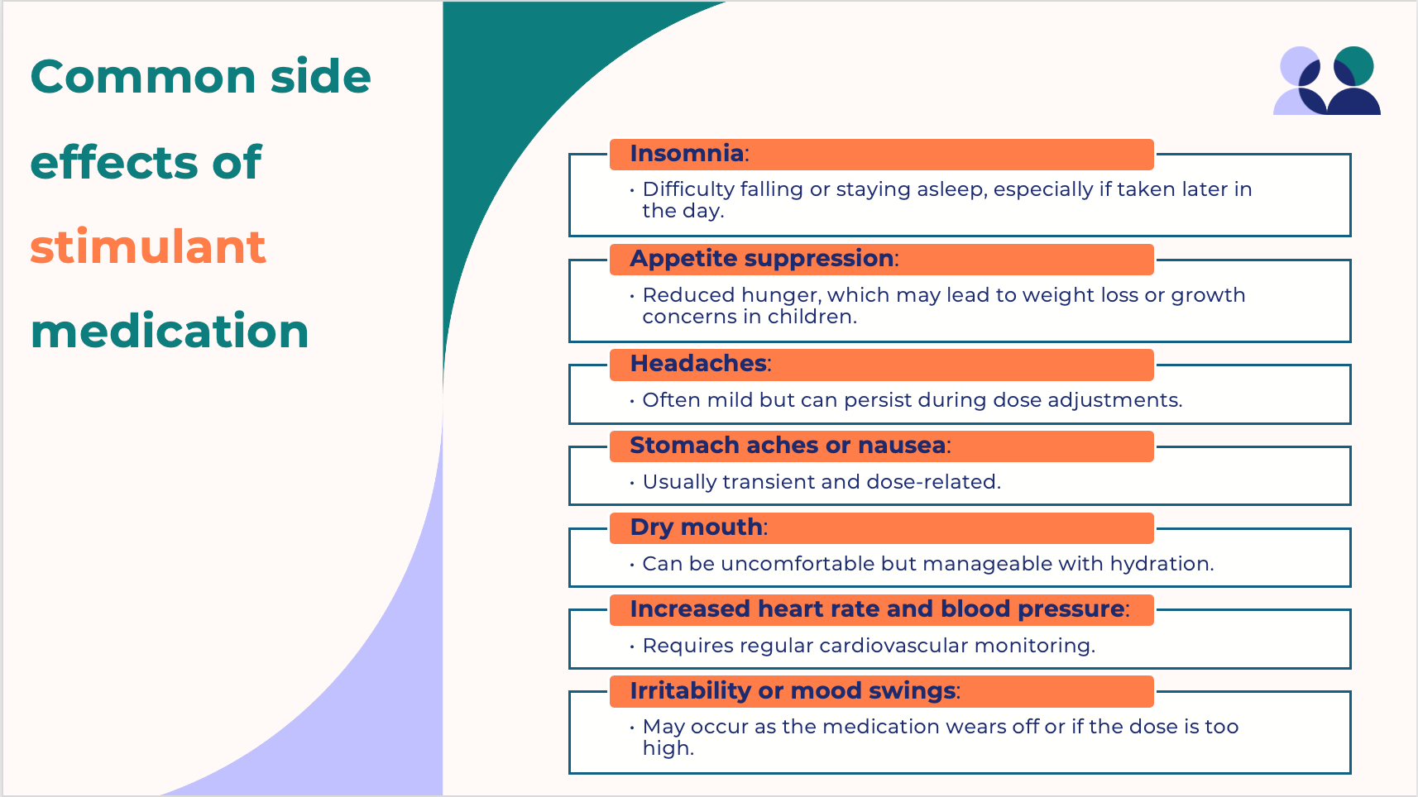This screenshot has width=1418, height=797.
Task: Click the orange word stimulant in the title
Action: [147, 246]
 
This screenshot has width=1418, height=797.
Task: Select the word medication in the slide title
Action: [170, 330]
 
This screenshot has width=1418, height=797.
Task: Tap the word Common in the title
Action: [143, 77]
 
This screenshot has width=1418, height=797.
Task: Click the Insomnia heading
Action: [687, 154]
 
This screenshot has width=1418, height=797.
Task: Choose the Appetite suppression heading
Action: [762, 259]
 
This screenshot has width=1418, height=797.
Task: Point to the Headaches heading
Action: [698, 364]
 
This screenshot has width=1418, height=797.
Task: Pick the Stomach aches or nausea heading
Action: [788, 446]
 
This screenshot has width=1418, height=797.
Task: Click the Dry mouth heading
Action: [697, 527]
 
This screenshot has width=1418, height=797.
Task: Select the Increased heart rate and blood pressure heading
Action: [878, 609]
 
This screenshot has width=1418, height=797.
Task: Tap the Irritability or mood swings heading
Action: [793, 690]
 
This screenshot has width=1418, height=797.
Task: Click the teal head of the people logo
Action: [1354, 66]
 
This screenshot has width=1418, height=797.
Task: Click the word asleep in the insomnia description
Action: [952, 189]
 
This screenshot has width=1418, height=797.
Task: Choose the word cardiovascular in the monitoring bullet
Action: [893, 645]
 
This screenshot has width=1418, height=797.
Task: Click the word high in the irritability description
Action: [668, 748]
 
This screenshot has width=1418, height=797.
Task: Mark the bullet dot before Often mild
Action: [632, 401]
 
